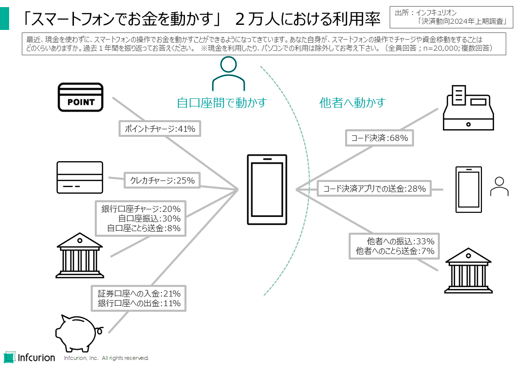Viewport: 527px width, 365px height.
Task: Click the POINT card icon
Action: click(x=81, y=97)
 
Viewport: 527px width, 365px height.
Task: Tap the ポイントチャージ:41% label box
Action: click(x=160, y=129)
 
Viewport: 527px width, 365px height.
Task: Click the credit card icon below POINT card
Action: click(x=80, y=177)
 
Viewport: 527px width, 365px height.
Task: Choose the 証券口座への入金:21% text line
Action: click(x=139, y=294)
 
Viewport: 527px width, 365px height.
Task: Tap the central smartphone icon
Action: click(x=267, y=189)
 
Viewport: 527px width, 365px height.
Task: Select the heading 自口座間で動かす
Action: click(x=221, y=103)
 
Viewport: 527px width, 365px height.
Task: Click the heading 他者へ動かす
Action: click(x=352, y=103)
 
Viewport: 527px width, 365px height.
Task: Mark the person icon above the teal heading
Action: click(x=229, y=74)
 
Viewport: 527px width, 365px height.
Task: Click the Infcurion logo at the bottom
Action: click(x=29, y=356)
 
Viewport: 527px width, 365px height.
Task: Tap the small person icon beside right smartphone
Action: click(x=499, y=186)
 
